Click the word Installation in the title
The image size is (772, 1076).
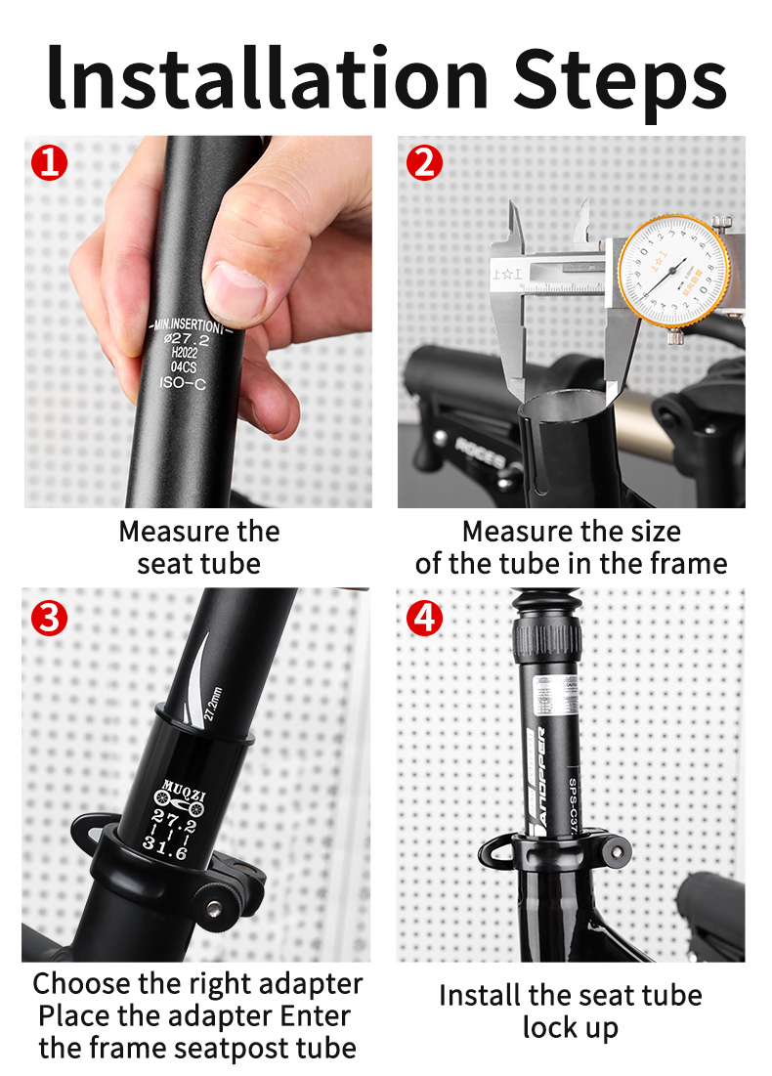tap(268, 77)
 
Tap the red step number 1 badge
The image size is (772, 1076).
tap(50, 161)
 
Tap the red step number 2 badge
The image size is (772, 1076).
tap(424, 161)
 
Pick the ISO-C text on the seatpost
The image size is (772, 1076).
tap(183, 382)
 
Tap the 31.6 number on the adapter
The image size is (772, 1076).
tap(166, 852)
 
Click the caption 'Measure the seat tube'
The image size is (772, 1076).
tap(198, 547)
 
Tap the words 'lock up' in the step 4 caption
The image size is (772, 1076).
tap(570, 1028)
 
